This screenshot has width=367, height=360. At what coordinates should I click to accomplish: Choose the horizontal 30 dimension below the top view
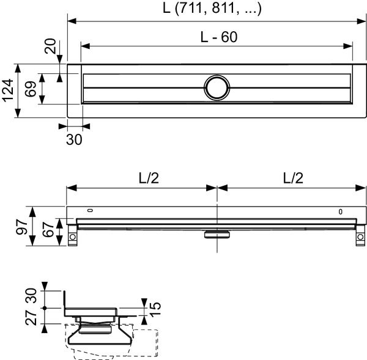(x=73, y=139)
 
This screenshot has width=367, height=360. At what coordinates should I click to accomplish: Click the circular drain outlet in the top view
(x=217, y=87)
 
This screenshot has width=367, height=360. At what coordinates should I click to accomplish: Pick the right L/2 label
(x=292, y=177)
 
